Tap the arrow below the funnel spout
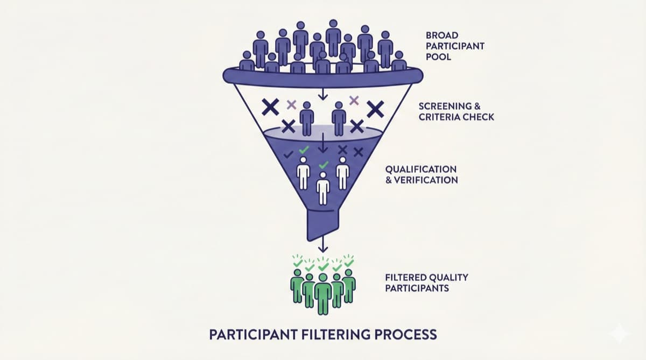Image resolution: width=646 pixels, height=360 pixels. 322,245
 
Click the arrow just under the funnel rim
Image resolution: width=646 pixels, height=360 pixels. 322,94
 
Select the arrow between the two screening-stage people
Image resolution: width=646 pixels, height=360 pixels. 322,143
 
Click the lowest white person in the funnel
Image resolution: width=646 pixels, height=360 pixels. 322,188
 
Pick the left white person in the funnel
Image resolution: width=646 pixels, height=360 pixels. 304,172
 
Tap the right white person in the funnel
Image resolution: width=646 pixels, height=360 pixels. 342,172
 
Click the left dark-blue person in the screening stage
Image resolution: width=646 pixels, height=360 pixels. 306,118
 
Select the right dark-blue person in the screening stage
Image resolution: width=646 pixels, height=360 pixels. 339,118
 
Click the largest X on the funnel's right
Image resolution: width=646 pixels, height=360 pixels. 375,109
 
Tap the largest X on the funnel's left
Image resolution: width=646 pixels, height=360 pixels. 271,107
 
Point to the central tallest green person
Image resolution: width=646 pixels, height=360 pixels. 323,293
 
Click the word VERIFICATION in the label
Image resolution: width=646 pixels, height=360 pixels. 426,180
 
